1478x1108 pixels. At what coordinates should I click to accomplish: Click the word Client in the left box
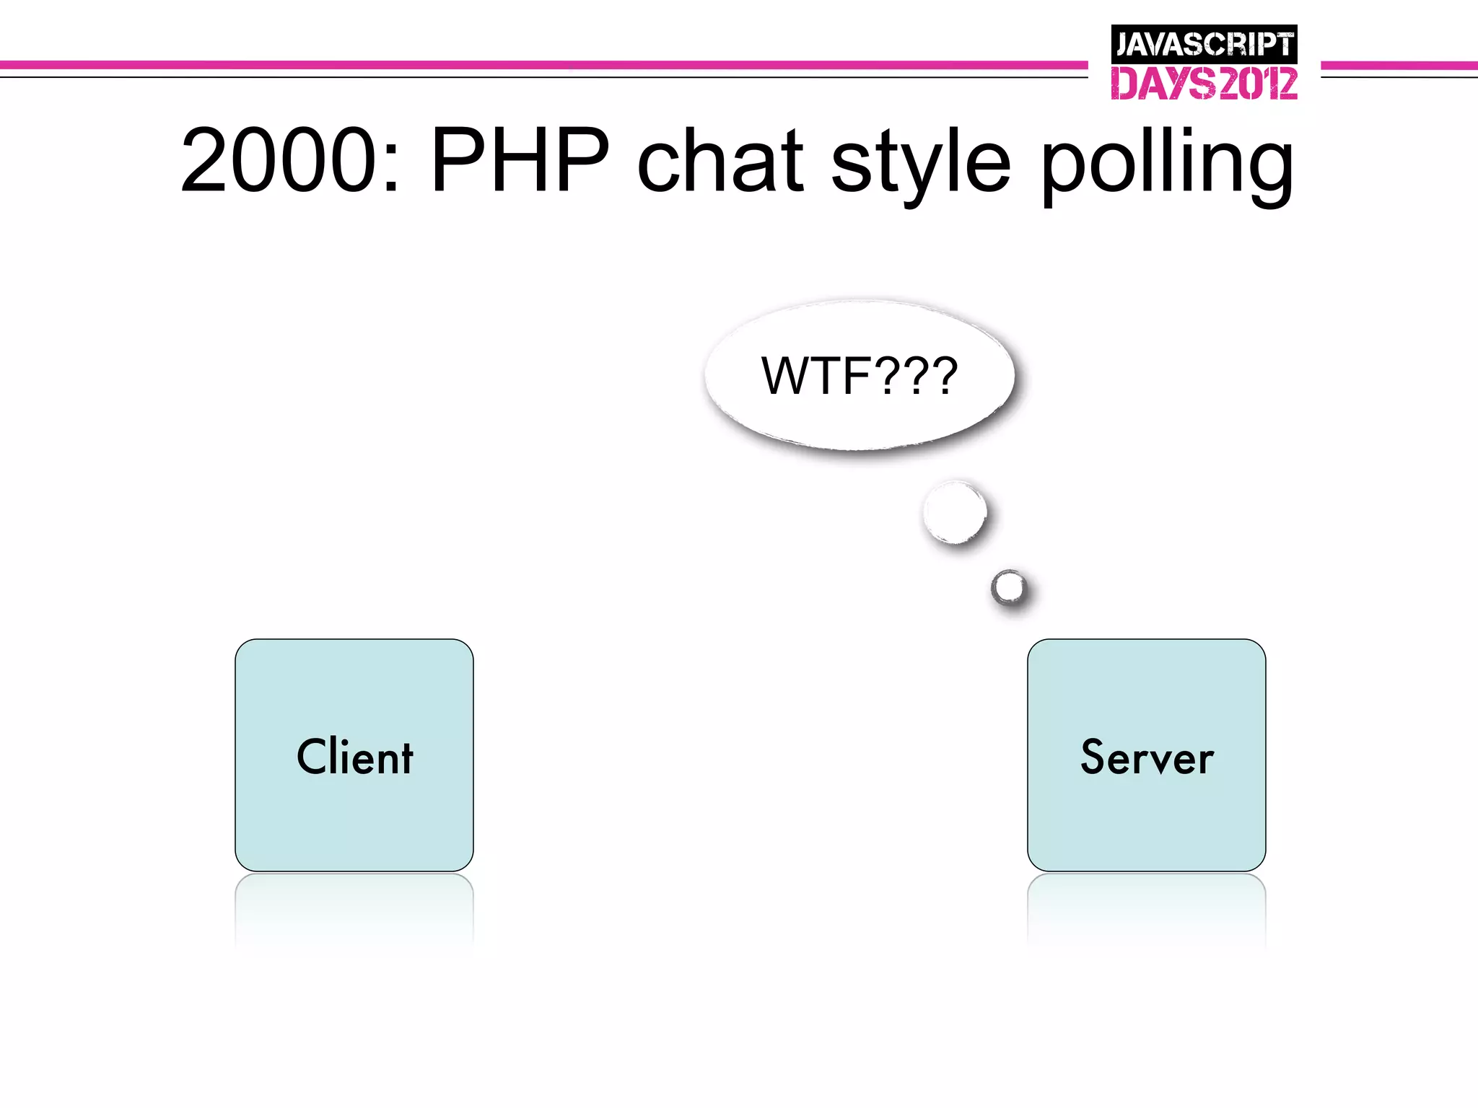click(354, 757)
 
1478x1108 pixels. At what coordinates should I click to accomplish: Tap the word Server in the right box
click(1147, 757)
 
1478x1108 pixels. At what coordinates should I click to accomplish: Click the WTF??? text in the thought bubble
click(859, 376)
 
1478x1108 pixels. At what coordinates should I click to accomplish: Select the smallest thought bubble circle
click(1009, 588)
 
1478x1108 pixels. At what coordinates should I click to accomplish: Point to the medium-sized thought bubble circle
click(955, 512)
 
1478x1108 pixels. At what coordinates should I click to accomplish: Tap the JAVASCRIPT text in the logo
click(1204, 45)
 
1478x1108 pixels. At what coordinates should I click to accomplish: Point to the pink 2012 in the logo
click(1257, 84)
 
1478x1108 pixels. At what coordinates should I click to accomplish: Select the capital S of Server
click(1093, 757)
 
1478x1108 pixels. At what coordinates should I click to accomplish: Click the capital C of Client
click(313, 757)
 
